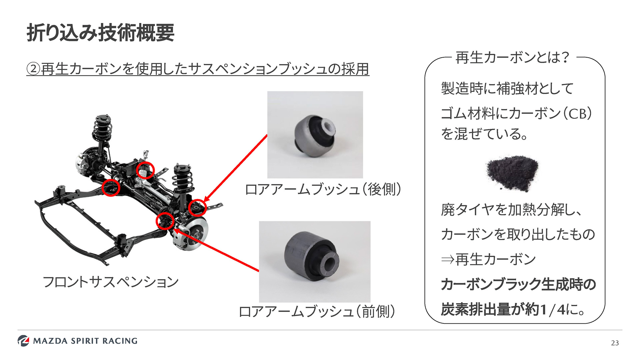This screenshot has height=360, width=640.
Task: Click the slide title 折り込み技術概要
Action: point(100,33)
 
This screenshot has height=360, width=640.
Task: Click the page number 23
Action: point(615,343)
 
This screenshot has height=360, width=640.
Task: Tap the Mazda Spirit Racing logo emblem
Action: point(23,340)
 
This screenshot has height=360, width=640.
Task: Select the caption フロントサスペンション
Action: point(111,282)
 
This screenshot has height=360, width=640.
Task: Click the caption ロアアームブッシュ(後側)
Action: point(323,189)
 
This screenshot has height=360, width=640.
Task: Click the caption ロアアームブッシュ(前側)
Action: point(317,312)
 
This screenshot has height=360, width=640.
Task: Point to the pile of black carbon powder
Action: point(512,173)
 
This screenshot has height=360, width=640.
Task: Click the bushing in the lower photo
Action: point(312,257)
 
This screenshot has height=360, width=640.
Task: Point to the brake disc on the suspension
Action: point(195,232)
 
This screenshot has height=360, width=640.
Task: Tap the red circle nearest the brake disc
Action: point(165,221)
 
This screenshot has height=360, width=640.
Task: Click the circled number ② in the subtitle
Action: point(33,69)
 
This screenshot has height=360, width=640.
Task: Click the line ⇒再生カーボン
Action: point(488,259)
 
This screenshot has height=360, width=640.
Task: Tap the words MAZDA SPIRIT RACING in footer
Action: point(85,341)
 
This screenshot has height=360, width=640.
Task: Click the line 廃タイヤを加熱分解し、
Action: point(511,210)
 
